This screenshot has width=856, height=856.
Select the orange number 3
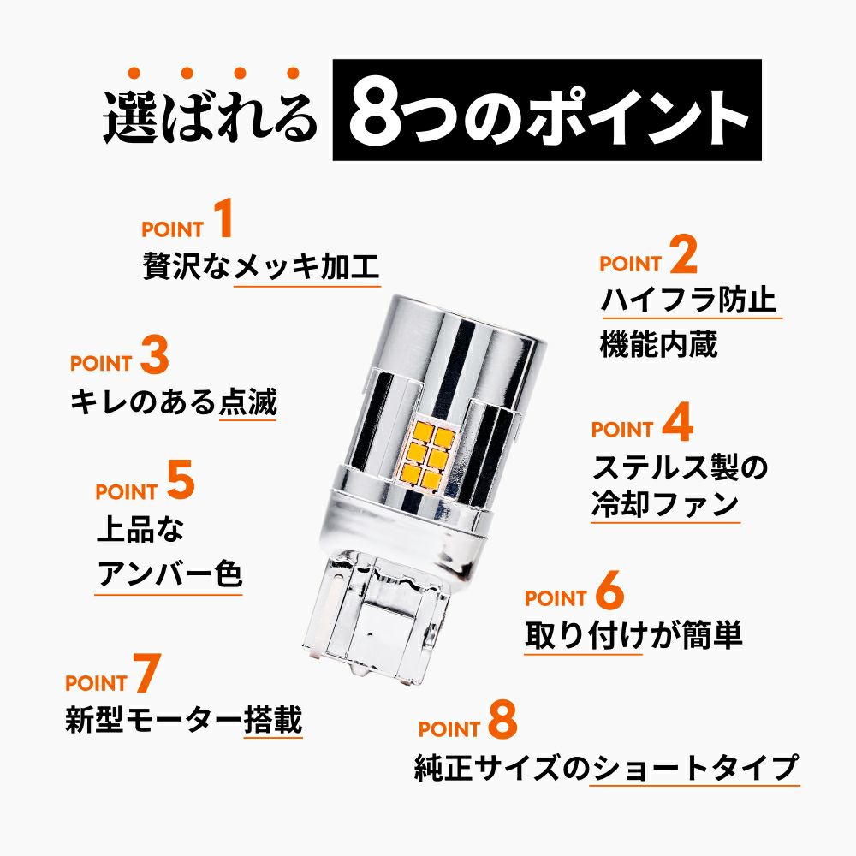click(x=154, y=354)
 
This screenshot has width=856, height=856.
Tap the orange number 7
click(x=147, y=673)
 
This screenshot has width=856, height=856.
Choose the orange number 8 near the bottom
click(x=502, y=720)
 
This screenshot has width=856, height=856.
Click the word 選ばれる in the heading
click(x=211, y=117)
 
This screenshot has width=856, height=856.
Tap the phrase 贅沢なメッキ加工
click(x=261, y=266)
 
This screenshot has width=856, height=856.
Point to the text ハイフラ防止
click(x=688, y=300)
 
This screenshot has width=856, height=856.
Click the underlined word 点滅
click(x=248, y=401)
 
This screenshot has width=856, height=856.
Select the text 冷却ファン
click(x=665, y=504)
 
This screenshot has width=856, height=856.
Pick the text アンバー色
click(x=169, y=574)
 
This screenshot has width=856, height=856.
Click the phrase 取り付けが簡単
click(x=633, y=635)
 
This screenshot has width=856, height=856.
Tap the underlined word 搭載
click(x=273, y=719)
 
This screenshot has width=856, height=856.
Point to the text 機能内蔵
click(x=658, y=344)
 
